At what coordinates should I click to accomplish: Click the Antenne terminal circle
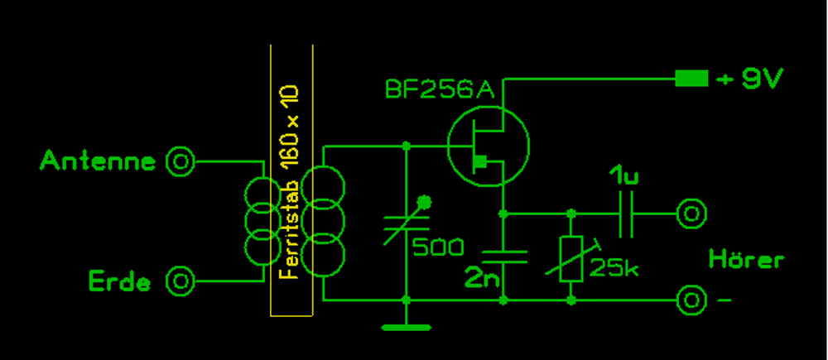coord(180,162)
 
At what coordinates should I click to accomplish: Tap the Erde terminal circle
coord(180,281)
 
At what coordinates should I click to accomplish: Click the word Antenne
coord(98,161)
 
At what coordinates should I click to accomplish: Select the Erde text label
coord(120,282)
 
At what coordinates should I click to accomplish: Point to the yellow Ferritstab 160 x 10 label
coord(291,182)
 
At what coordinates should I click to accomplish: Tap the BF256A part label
coord(440,90)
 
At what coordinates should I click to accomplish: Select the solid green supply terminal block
coord(691,79)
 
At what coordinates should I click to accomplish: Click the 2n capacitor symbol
coord(503,256)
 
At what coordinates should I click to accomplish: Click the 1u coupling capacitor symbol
coord(627,214)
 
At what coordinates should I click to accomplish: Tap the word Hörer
coord(746,260)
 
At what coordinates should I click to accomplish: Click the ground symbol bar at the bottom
coord(406,327)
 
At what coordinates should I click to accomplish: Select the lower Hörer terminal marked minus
coord(691,299)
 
